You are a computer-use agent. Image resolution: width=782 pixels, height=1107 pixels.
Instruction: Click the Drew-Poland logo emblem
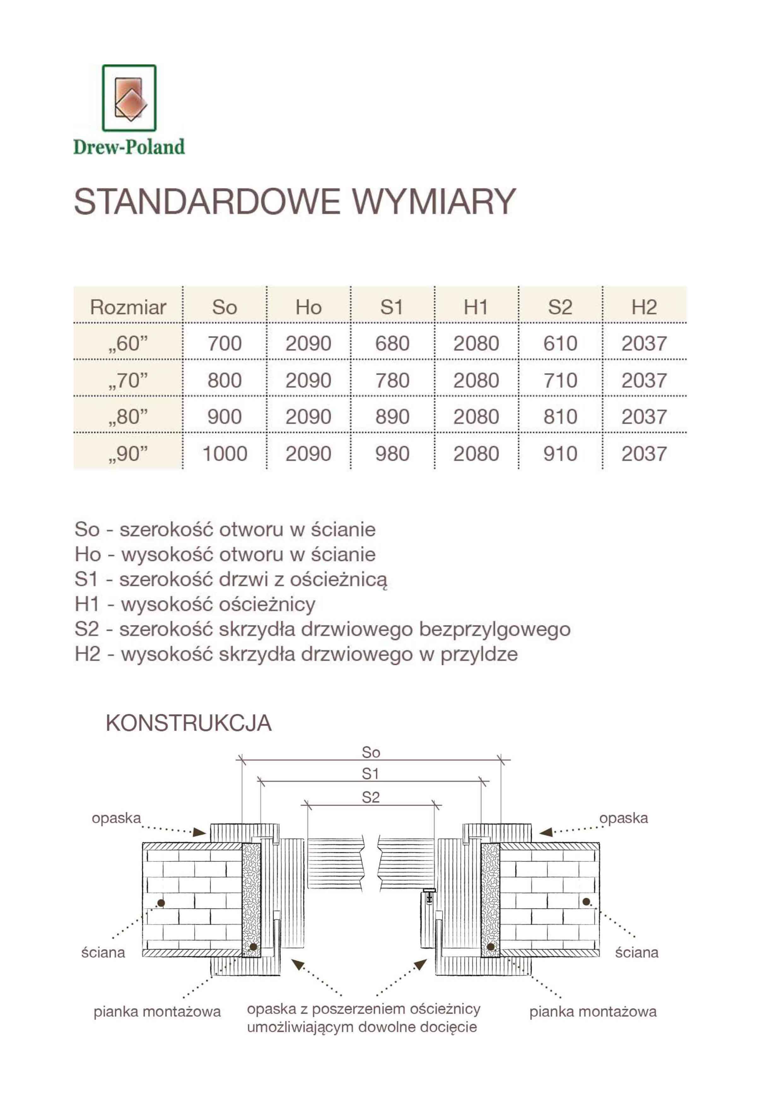(129, 98)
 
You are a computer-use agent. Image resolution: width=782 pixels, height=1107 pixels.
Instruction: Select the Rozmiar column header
(128, 307)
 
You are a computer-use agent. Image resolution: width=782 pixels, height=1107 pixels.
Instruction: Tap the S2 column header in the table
(560, 307)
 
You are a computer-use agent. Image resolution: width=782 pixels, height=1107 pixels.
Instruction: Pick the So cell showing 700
(225, 343)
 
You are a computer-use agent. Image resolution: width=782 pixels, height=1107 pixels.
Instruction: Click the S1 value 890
(392, 417)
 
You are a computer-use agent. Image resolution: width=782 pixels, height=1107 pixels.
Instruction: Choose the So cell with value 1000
(225, 454)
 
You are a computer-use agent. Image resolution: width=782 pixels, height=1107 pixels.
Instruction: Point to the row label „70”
(128, 380)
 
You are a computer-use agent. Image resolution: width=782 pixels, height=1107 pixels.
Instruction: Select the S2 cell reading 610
(560, 343)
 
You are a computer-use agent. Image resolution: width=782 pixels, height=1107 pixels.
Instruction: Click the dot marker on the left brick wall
(161, 903)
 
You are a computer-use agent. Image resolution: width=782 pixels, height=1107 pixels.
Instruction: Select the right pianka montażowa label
(592, 1011)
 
